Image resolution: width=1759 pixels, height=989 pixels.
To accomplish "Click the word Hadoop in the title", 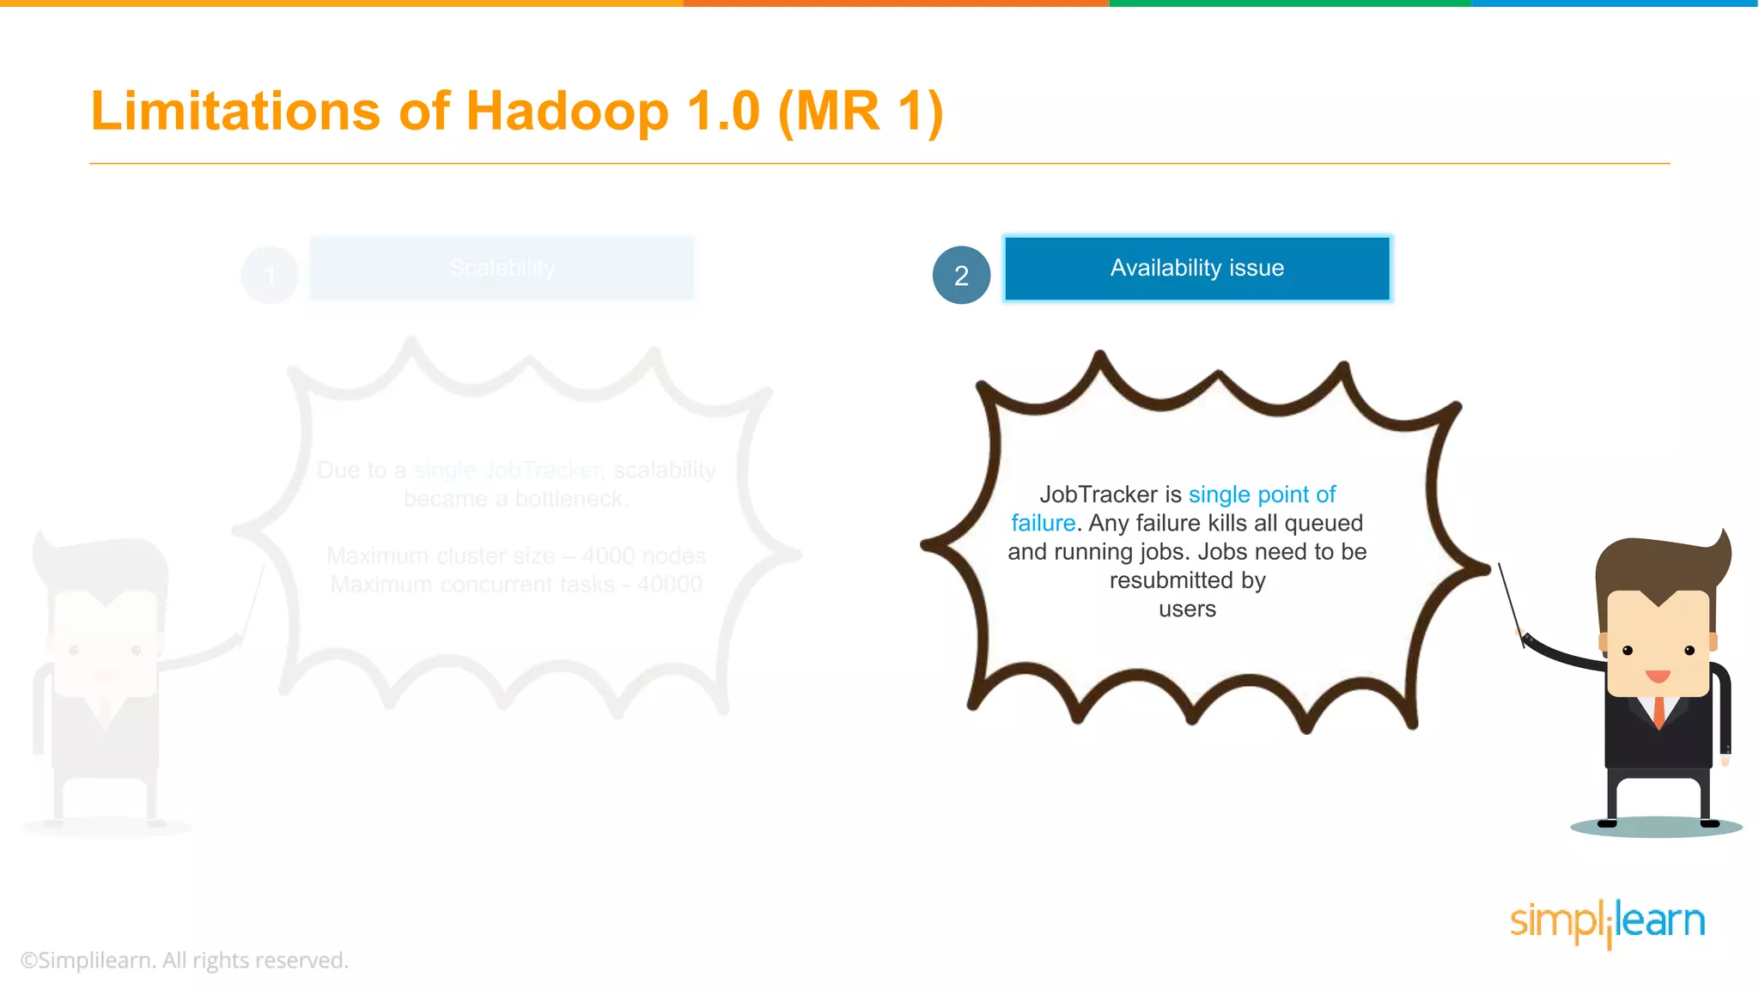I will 567,112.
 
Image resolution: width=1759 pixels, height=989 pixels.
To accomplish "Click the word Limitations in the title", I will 235,112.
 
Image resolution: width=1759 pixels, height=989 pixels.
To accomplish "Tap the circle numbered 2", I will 961,275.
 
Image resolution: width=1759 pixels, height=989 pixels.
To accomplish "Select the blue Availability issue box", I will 1196,268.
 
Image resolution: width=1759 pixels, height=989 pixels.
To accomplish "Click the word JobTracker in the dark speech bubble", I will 1098,494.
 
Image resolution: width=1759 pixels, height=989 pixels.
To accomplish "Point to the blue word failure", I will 1043,523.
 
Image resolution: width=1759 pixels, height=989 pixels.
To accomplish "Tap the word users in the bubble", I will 1187,610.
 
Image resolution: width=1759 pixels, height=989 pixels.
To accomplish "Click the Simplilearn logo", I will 1607,923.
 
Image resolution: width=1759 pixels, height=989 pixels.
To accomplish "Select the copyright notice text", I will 185,960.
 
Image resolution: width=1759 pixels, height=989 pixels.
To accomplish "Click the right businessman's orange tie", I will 1659,712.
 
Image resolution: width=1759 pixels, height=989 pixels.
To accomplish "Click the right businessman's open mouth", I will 1658,676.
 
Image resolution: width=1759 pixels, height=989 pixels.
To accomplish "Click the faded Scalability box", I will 502,268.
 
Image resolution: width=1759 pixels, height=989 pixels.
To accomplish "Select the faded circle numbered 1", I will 270,275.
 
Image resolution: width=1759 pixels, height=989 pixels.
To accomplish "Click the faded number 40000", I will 669,585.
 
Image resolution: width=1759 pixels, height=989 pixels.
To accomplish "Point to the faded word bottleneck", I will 570,499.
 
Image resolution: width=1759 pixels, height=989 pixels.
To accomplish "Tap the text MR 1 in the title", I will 859,112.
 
